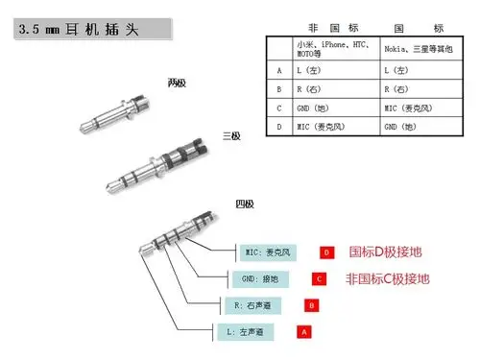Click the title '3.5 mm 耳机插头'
tap(77, 30)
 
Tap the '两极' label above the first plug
tap(176, 83)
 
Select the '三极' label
tap(231, 135)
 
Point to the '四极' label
tap(246, 204)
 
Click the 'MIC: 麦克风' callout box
tap(268, 252)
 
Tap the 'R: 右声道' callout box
tap(250, 305)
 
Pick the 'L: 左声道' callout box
tap(244, 331)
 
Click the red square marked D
tap(326, 252)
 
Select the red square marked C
tap(319, 279)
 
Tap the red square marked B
tap(311, 305)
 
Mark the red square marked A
tap(304, 331)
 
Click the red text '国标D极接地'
tap(385, 252)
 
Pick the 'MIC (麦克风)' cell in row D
tap(320, 127)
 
